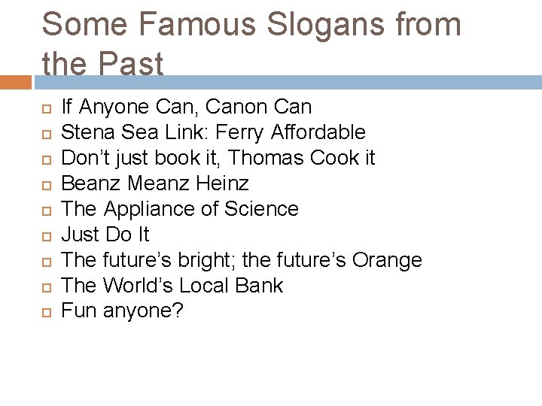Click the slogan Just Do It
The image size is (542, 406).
pyautogui.click(x=105, y=235)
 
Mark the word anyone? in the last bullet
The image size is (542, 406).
pyautogui.click(x=143, y=311)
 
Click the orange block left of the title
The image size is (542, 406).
pyautogui.click(x=16, y=81)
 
